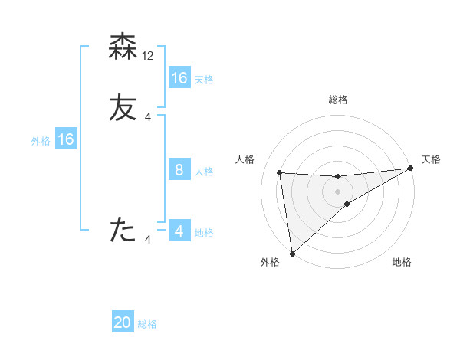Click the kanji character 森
tap(123, 47)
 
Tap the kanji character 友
tap(123, 109)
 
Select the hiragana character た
tap(123, 230)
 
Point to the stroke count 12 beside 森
tap(149, 55)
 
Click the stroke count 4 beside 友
tap(148, 117)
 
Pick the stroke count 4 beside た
tap(148, 240)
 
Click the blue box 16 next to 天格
tap(179, 78)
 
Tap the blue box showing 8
tap(179, 170)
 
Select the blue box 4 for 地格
tap(179, 231)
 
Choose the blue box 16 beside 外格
tap(66, 139)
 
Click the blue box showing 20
tap(123, 322)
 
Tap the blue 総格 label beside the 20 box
tap(147, 324)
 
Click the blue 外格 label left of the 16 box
tap(41, 141)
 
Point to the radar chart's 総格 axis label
tap(338, 100)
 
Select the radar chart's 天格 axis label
tap(431, 159)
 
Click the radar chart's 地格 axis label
tap(402, 263)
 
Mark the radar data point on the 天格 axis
tap(410, 169)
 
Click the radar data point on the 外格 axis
tap(292, 253)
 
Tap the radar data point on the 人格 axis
tap(279, 172)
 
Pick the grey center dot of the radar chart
tap(338, 191)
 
